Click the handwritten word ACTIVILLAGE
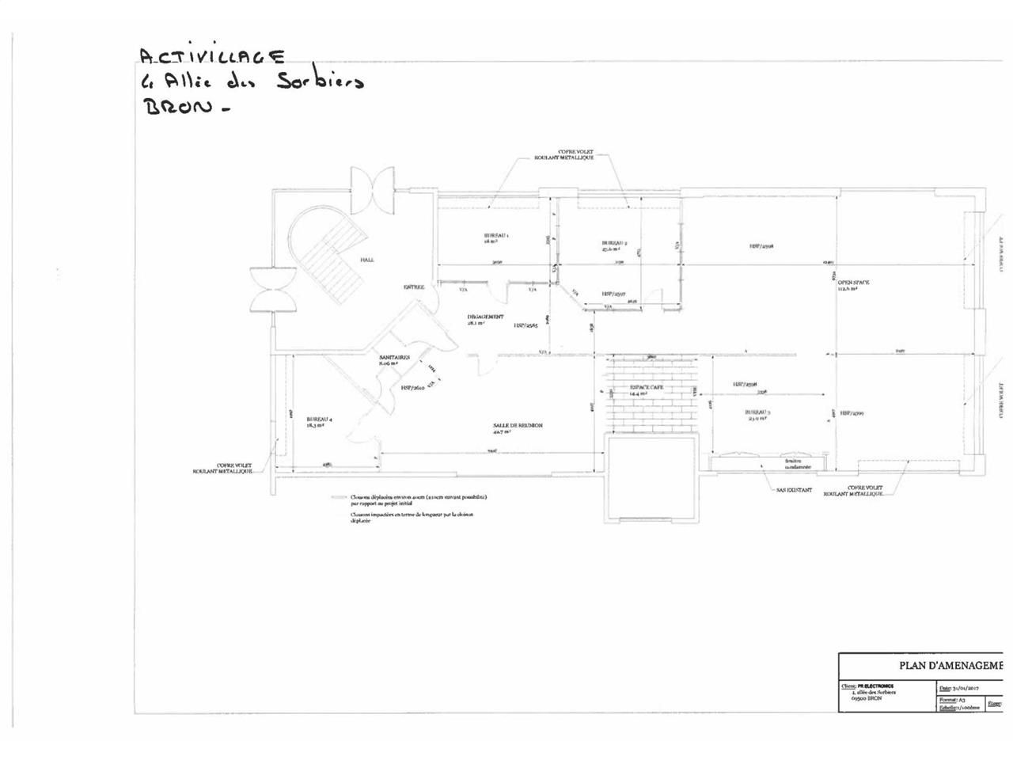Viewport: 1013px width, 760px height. [211, 56]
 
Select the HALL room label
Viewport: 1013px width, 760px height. [366, 259]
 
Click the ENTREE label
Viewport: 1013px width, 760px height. [415, 287]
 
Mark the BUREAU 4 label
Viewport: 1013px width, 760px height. [320, 420]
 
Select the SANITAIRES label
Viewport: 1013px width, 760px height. [393, 358]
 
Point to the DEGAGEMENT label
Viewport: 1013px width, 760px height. [485, 317]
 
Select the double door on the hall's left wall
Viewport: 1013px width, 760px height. [271, 290]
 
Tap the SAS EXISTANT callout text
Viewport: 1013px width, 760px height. [794, 490]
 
